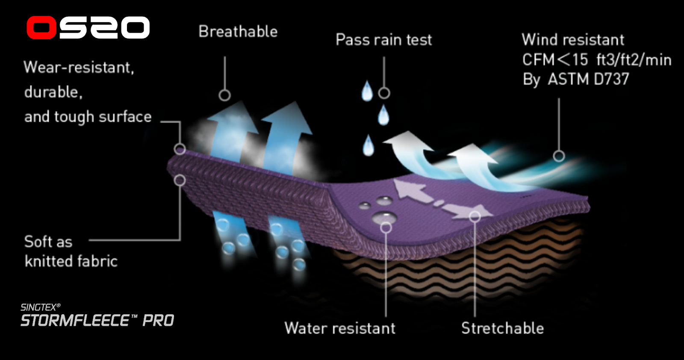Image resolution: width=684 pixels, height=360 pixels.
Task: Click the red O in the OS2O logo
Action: (x=41, y=28)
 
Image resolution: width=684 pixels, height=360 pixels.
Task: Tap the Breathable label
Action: (x=238, y=32)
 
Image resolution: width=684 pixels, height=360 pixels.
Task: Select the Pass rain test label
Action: (x=383, y=40)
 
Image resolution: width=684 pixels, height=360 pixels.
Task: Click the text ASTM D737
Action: (x=588, y=79)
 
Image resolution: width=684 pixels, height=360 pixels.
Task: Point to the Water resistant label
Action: (x=340, y=328)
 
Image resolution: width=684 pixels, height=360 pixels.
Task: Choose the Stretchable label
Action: (x=502, y=328)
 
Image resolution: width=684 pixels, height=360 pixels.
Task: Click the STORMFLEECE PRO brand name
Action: (x=97, y=321)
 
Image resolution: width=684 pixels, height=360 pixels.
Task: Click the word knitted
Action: (x=52, y=261)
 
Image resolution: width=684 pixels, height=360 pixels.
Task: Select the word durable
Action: (x=53, y=92)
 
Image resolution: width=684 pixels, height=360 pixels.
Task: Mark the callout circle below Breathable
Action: (x=224, y=95)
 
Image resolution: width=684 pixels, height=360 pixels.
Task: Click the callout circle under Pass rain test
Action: (x=384, y=93)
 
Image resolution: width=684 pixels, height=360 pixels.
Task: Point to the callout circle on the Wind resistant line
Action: (x=559, y=156)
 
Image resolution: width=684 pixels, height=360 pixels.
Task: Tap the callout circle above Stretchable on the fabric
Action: (x=475, y=217)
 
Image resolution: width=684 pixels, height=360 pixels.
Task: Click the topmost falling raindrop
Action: (x=367, y=91)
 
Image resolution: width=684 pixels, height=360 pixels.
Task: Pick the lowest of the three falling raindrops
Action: (x=368, y=145)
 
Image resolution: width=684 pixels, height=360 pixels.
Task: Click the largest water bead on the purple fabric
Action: (x=383, y=217)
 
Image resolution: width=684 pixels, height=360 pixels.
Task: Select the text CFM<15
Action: (x=555, y=60)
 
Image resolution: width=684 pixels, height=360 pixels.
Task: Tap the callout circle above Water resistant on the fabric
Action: (x=386, y=227)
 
